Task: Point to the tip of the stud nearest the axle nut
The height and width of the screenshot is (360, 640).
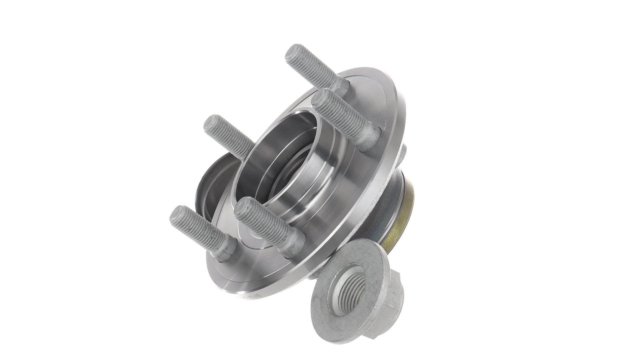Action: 242,206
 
